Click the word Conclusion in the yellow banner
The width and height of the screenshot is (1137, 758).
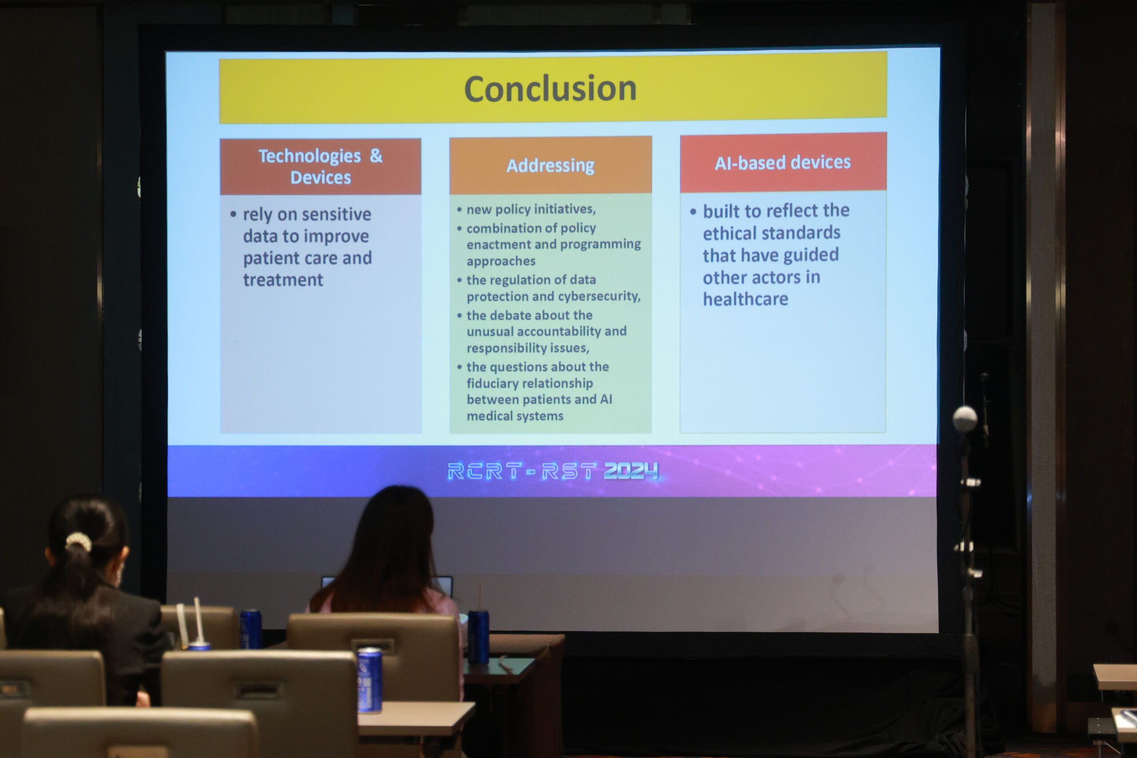[550, 88]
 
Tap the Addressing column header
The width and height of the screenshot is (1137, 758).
[551, 165]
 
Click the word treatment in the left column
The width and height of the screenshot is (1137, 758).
[283, 280]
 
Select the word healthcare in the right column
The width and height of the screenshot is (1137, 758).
[745, 299]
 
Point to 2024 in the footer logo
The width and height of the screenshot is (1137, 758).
[631, 470]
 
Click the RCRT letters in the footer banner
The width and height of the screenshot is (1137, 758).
[485, 471]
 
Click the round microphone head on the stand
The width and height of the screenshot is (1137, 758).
[965, 418]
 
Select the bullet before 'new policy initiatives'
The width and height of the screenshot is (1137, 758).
[459, 210]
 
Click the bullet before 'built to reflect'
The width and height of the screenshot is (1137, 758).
[693, 212]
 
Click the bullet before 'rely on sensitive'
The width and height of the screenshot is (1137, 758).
[234, 214]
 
